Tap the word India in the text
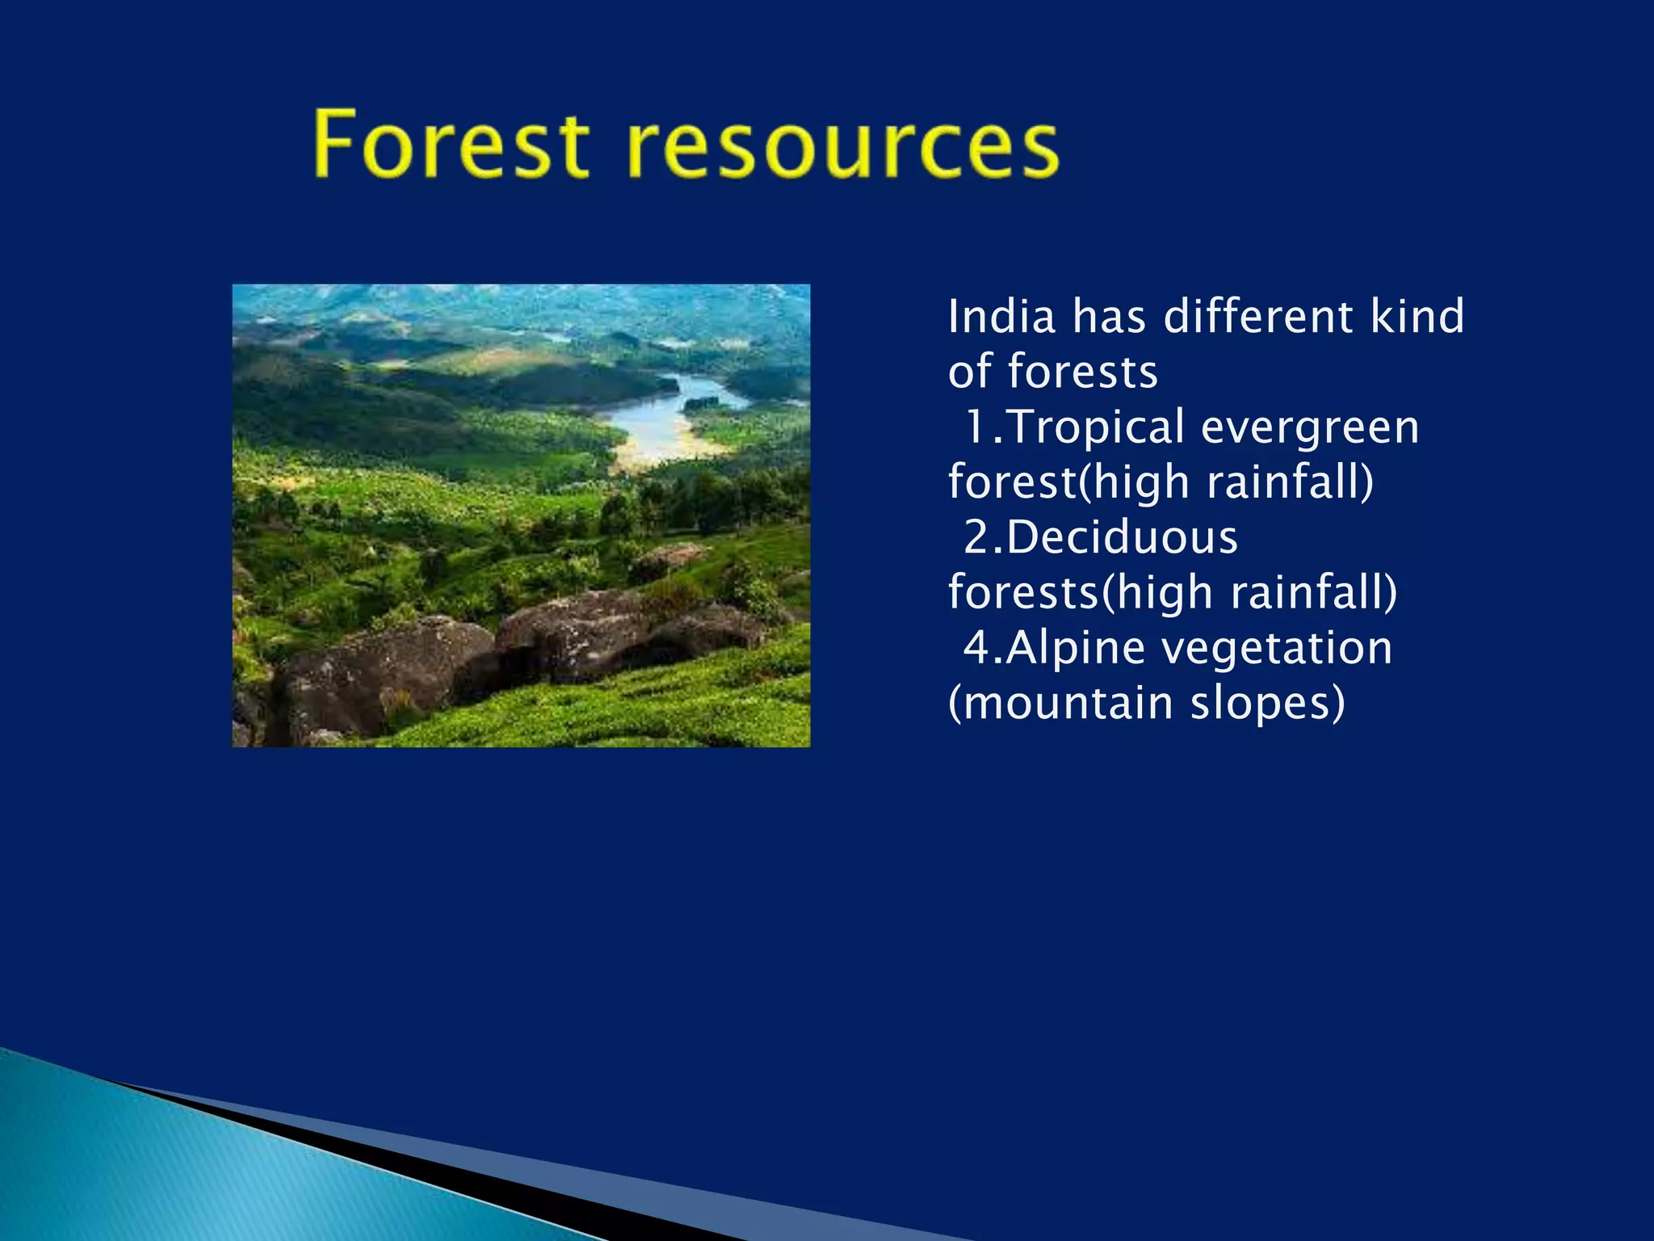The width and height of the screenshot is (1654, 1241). [x=1001, y=316]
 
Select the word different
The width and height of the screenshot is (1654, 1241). [x=1256, y=316]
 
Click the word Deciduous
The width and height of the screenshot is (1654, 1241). [x=1122, y=537]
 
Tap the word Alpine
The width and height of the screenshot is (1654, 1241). [x=1075, y=649]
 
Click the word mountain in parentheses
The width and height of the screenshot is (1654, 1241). [x=1060, y=702]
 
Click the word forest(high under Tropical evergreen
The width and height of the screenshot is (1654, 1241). [x=1069, y=482]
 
